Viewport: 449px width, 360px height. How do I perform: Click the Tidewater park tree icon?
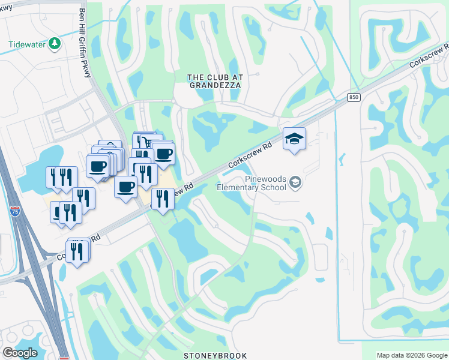55,44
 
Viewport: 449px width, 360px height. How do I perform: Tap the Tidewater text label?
28,45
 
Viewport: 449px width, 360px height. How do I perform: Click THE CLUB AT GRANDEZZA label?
214,82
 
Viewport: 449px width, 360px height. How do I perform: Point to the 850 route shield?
354,97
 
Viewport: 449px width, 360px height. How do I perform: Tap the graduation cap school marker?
294,139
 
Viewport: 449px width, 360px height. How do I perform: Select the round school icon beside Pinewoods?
295,181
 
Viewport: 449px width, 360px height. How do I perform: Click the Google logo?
20,353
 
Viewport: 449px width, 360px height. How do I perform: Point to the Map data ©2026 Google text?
411,355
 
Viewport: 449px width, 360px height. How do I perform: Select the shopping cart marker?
144,142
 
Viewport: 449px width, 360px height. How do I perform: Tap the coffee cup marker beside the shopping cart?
163,154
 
